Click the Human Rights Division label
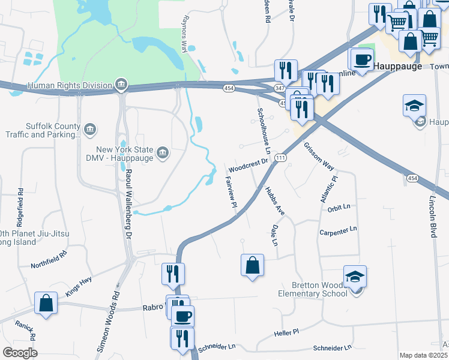coord(70,85)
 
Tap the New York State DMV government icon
coord(162,153)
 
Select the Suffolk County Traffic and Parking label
coord(53,131)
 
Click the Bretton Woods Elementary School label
coord(312,289)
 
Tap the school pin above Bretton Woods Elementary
coord(355,277)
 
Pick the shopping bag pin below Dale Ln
coord(252,265)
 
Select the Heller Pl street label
coord(286,332)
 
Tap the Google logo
coord(20,353)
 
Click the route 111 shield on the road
coord(280,157)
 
